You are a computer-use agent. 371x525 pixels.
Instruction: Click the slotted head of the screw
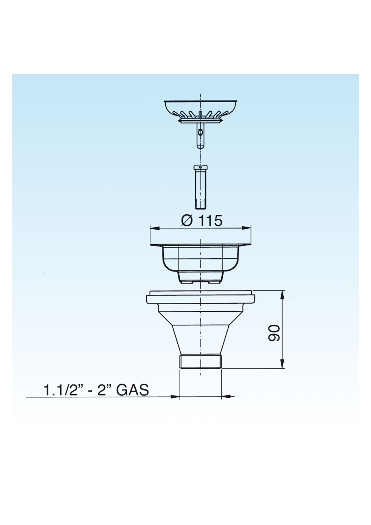pos(200,167)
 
